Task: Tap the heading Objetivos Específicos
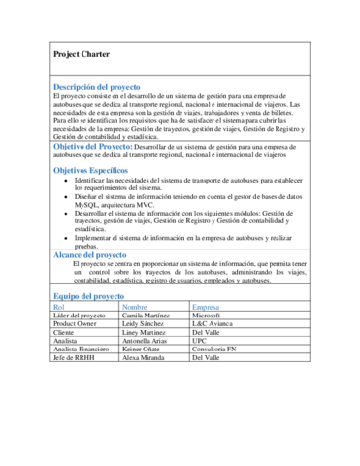tap(94, 169)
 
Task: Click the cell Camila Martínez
tap(148, 316)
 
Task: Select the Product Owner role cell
tap(76, 325)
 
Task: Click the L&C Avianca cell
tap(213, 325)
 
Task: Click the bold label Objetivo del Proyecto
tap(101, 145)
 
